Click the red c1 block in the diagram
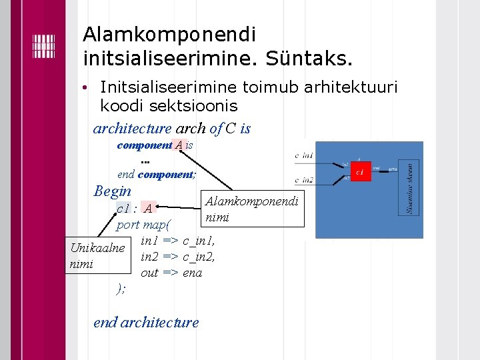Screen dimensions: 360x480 point(360,173)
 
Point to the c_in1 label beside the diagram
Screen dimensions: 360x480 point(304,155)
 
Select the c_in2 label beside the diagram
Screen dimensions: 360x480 point(304,179)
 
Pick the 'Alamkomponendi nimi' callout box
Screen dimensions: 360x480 point(252,209)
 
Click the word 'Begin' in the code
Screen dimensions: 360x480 point(113,191)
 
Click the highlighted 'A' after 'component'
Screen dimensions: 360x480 point(179,145)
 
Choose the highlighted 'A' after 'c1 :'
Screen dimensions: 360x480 point(148,208)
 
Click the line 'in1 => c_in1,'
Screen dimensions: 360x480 point(177,241)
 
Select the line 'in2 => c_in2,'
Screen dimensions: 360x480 point(177,257)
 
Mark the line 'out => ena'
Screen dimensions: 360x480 point(171,272)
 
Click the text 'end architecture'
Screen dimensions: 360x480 point(146,322)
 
